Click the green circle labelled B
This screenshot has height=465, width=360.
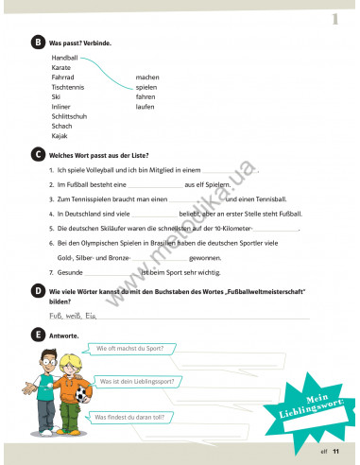(x=37, y=43)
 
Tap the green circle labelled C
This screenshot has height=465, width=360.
(x=37, y=153)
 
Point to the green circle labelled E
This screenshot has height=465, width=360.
(x=37, y=335)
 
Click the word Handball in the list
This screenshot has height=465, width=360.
(x=65, y=58)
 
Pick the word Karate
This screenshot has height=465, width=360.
(x=61, y=68)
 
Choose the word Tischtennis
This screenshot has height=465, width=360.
(x=68, y=87)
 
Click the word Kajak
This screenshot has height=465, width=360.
(x=60, y=135)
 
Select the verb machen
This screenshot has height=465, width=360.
(x=147, y=77)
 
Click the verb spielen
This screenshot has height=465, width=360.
(x=146, y=87)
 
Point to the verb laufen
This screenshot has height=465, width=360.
(x=146, y=106)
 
